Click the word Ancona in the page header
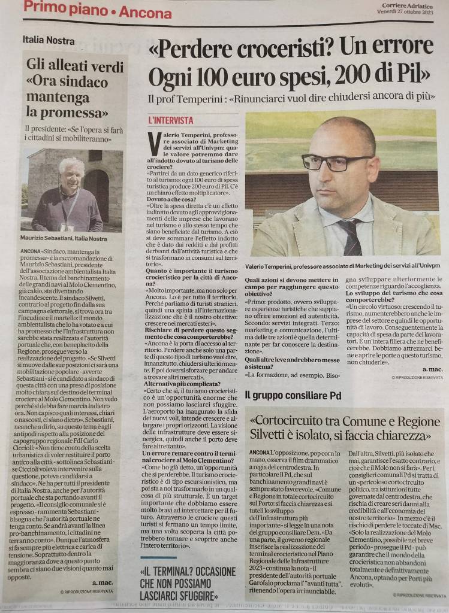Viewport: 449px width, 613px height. pyautogui.click(x=145, y=11)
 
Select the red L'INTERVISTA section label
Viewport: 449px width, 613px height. pyautogui.click(x=171, y=120)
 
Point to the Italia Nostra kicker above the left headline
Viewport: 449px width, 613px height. pyautogui.click(x=49, y=41)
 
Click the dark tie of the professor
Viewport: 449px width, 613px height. pyautogui.click(x=353, y=237)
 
